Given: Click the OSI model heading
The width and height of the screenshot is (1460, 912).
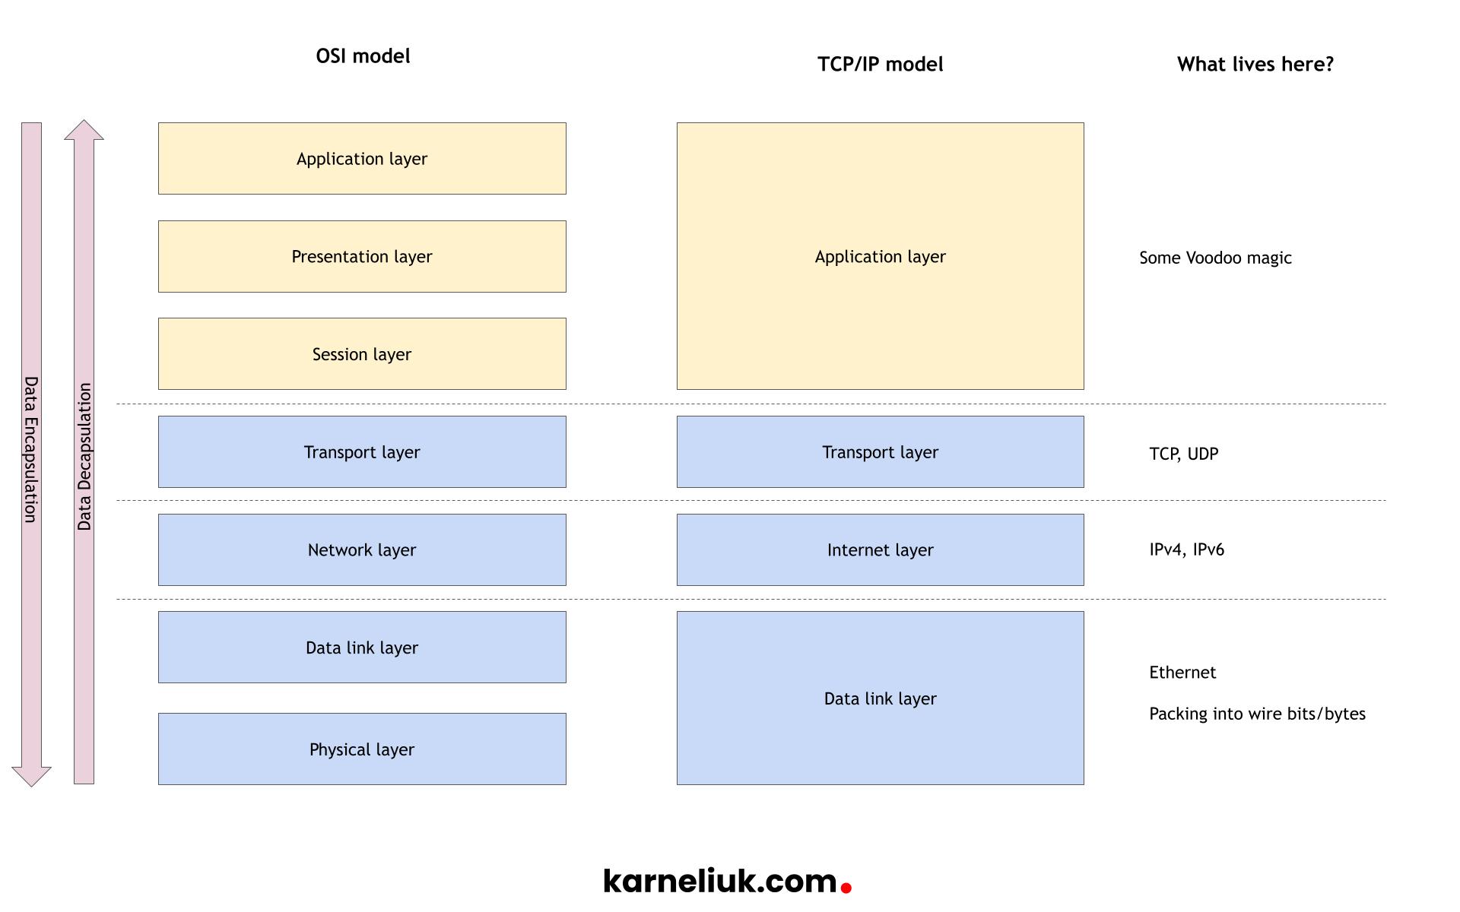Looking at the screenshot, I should (363, 56).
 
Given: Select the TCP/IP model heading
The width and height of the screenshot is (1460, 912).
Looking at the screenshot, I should (880, 65).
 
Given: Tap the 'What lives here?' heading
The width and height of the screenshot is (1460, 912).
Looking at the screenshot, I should (1255, 65).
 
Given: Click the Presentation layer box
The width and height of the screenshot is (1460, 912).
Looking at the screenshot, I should (362, 257).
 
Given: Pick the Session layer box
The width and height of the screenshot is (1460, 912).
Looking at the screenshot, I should (362, 354).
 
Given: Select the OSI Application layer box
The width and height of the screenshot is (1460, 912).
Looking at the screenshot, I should (362, 159).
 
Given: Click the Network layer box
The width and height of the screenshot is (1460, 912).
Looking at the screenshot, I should (362, 549).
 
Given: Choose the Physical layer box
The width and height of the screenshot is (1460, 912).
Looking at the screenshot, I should (362, 749).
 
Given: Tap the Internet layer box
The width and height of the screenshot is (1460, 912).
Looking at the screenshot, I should (880, 549).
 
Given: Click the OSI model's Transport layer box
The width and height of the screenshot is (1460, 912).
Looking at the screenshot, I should (362, 452).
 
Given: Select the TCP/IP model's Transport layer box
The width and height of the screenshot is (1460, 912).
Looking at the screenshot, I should (880, 452).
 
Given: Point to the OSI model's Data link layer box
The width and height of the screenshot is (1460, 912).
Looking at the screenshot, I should (362, 648).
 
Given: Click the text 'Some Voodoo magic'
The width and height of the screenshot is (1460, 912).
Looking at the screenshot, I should (1215, 258).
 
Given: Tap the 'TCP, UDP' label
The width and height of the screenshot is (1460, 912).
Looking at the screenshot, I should (1183, 454).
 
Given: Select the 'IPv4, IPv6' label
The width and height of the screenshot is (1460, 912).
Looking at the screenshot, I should (1186, 549).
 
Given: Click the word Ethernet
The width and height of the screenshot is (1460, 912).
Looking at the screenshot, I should (1182, 673).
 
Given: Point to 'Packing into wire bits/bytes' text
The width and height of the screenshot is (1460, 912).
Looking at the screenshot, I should (1257, 714).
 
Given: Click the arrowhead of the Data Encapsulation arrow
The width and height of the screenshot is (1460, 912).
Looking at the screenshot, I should (31, 776).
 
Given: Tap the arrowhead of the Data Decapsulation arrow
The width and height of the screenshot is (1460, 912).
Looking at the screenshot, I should (84, 131).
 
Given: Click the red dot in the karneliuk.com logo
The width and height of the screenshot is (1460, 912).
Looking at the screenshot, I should (846, 887).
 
